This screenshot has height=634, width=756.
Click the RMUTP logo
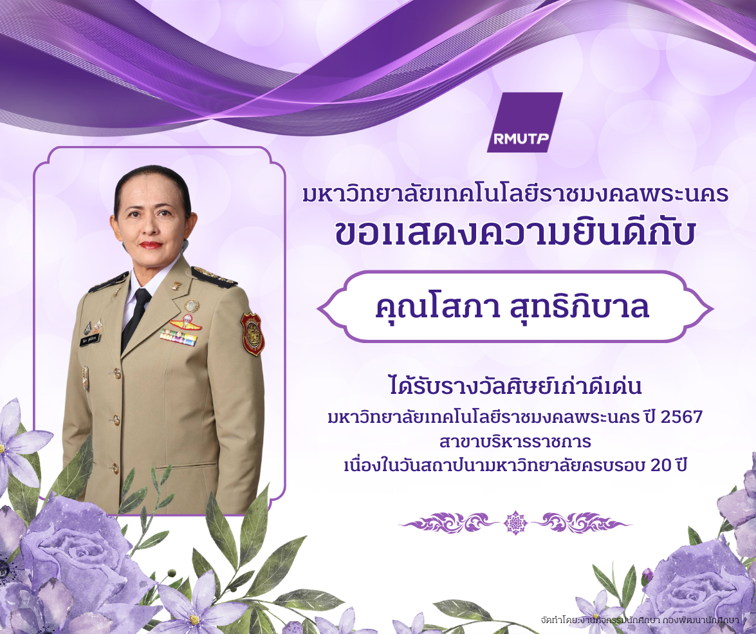pyautogui.click(x=524, y=122)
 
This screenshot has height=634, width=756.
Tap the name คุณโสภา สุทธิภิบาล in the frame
pyautogui.click(x=512, y=308)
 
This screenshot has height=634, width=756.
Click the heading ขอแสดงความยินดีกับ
pyautogui.click(x=515, y=235)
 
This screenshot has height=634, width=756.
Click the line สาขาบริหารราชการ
pyautogui.click(x=515, y=442)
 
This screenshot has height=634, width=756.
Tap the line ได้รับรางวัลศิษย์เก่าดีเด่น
pyautogui.click(x=515, y=386)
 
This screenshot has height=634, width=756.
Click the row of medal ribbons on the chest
pyautogui.click(x=178, y=337)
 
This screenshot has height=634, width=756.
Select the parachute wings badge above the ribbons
pyautogui.click(x=185, y=322)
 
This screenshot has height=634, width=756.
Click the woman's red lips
pyautogui.click(x=151, y=245)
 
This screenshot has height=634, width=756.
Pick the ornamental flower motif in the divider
pyautogui.click(x=515, y=523)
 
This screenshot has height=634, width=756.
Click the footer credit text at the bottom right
pyautogui.click(x=640, y=619)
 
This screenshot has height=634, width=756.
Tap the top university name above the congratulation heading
pyautogui.click(x=515, y=194)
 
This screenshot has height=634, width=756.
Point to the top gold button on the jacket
pyautogui.click(x=116, y=373)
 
